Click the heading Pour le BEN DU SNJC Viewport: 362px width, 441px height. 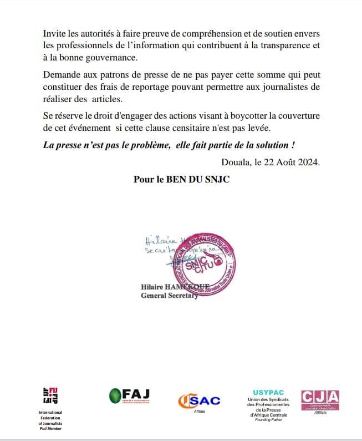click(x=181, y=180)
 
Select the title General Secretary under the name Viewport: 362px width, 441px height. click(x=169, y=296)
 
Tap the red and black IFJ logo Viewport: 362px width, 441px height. click(x=50, y=396)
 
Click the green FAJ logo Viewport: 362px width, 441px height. click(x=130, y=395)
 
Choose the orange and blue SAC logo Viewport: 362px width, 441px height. click(x=199, y=401)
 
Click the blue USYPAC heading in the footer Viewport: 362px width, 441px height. click(x=268, y=393)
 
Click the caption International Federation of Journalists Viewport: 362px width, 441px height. click(x=50, y=420)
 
